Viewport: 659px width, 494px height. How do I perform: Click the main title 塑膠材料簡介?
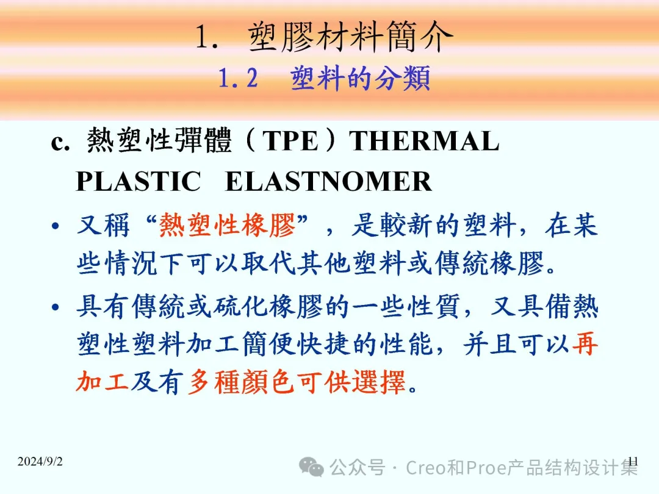[350, 37]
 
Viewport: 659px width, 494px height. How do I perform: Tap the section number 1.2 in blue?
[238, 78]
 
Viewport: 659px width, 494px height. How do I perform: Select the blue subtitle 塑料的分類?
[360, 78]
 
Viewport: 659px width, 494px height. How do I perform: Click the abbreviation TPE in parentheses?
[290, 141]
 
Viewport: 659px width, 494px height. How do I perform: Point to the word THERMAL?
[424, 141]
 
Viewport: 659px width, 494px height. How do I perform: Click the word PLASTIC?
[139, 182]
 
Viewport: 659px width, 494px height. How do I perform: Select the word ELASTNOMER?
[329, 182]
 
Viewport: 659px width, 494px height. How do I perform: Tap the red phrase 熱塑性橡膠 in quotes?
[227, 224]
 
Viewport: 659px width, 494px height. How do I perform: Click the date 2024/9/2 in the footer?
[40, 461]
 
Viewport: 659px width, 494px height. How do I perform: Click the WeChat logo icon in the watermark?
[311, 467]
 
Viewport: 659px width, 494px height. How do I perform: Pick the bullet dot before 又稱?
[55, 226]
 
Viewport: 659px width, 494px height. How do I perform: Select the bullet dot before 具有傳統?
[55, 307]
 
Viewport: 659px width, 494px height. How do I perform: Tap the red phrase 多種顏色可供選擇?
[297, 382]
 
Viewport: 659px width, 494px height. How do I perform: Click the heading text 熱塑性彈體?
[159, 140]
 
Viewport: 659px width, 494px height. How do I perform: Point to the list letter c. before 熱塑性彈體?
[60, 143]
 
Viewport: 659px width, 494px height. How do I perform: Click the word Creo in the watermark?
[426, 468]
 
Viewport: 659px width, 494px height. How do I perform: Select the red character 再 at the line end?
[585, 343]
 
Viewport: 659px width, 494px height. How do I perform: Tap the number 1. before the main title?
[207, 37]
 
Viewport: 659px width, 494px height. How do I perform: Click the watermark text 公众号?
[357, 467]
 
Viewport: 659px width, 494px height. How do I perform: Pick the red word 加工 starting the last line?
[102, 382]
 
